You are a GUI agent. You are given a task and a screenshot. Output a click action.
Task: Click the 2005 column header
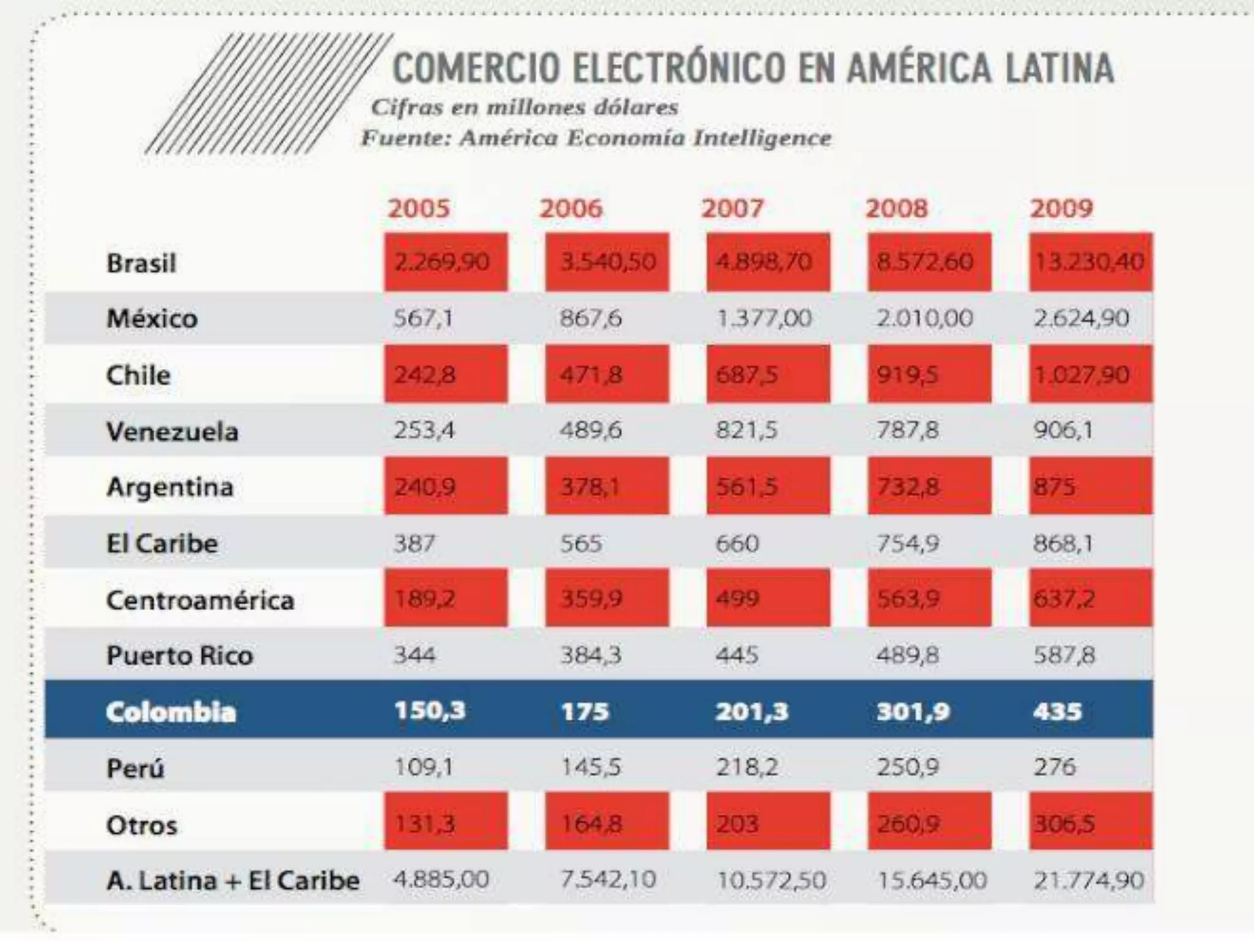[x=419, y=208]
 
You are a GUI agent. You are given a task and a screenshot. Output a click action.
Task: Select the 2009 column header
[x=1061, y=208]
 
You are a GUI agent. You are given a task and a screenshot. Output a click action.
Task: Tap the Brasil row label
[x=141, y=263]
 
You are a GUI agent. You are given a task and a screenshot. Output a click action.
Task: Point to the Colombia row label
[x=171, y=712]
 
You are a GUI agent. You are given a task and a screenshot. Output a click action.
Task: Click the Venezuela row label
[x=172, y=431]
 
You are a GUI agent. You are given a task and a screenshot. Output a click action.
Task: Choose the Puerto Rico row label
[x=179, y=656]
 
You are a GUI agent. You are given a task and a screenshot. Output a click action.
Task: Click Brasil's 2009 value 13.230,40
[x=1089, y=262]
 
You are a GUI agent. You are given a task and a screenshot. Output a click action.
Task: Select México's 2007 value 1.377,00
[x=764, y=318]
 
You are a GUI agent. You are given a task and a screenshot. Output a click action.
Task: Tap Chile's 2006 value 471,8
[x=591, y=374]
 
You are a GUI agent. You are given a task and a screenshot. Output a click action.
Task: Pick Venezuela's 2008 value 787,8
[x=907, y=430]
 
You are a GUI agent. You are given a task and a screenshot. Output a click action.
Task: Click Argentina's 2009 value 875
[x=1054, y=487]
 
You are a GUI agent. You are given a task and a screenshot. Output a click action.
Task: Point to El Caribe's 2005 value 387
[x=415, y=543]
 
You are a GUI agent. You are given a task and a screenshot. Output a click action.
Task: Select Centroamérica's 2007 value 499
[x=737, y=599]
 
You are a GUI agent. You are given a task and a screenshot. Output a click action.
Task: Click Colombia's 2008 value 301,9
[x=913, y=711]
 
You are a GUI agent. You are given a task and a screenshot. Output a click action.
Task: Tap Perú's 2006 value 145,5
[x=591, y=767]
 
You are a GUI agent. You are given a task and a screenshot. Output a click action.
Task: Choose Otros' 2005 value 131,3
[x=424, y=824]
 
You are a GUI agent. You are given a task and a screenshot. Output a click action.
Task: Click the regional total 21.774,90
[x=1089, y=880]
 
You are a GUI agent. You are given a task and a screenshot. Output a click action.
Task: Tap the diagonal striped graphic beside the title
[x=268, y=93]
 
